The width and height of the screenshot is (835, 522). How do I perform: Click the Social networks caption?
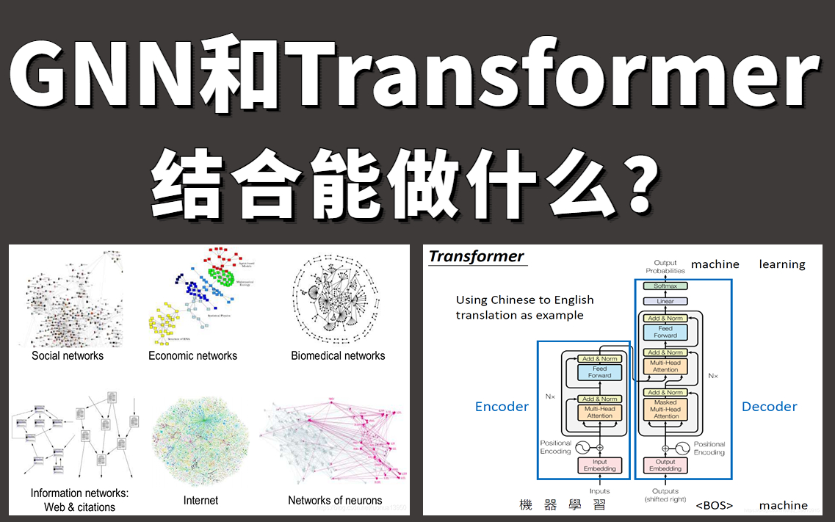coord(68,356)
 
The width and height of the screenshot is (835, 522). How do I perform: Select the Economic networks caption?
coord(192,356)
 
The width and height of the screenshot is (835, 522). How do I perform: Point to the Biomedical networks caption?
coord(338,356)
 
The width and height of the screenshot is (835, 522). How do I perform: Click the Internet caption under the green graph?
coord(200,501)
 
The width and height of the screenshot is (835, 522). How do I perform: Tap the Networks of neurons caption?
coord(335,501)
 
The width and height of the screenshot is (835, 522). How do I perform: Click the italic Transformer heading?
coord(476,256)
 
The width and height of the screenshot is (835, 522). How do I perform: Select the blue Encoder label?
coord(502,407)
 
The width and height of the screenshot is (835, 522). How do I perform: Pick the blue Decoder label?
coord(769,407)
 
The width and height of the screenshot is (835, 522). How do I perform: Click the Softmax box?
coord(665,286)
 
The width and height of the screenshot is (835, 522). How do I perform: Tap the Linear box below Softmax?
coord(665,302)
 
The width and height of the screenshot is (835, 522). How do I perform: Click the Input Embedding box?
coord(599,465)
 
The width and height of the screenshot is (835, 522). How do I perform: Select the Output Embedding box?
coord(665,465)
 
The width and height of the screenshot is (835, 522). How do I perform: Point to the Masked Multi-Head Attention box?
coord(665,409)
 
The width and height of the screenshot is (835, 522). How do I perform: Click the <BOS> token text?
coord(714,506)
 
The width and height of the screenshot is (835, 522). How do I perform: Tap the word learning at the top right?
coord(782,264)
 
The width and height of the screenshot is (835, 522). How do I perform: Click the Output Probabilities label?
coord(665,267)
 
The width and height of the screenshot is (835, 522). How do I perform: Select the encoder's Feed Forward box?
coord(599,372)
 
